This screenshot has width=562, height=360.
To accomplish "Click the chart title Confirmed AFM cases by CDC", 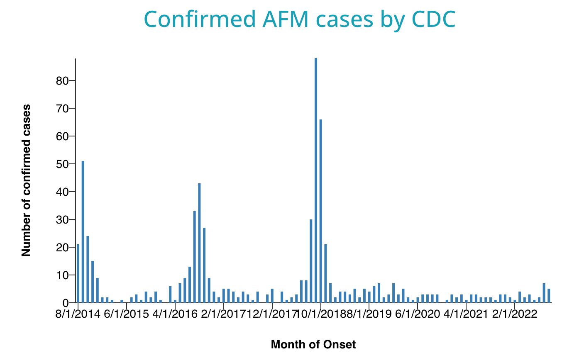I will pos(299,19).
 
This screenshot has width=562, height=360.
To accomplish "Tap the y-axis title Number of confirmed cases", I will pos(26,180).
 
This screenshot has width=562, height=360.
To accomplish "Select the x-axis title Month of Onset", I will pos(313,344).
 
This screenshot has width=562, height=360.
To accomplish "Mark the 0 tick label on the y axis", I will pos(65,303).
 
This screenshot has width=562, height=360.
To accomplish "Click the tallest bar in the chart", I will pos(316,180).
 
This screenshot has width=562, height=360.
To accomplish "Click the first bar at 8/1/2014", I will pos(78,273).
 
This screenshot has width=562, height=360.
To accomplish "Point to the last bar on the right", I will pos(549,296).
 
